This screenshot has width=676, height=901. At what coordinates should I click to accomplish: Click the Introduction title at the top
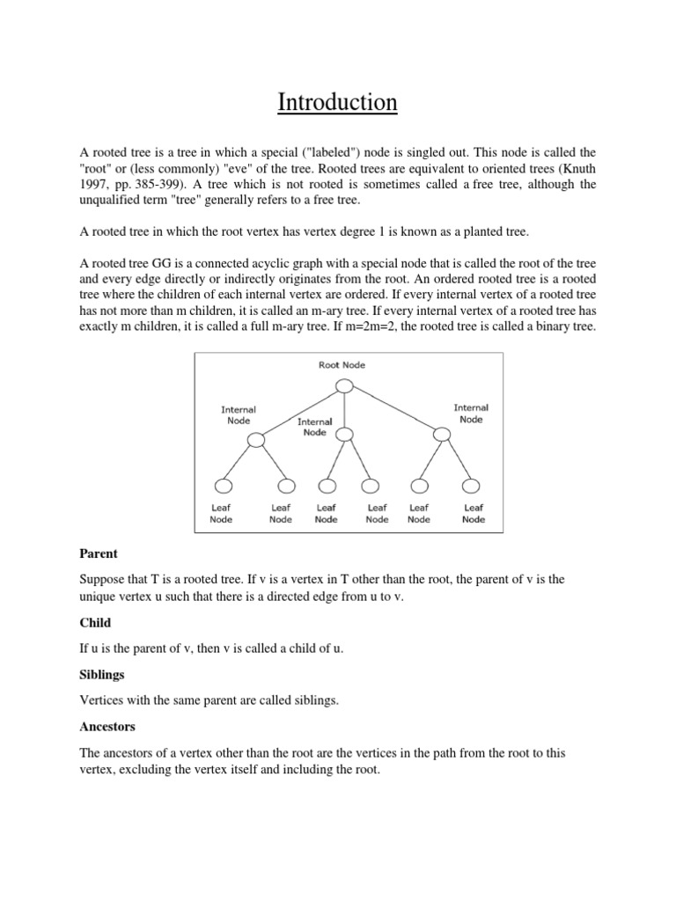click(338, 103)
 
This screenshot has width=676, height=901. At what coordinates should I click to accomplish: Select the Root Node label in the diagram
click(342, 364)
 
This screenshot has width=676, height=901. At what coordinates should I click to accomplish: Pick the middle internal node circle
click(345, 433)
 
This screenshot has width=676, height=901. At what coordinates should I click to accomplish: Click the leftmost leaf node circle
click(224, 486)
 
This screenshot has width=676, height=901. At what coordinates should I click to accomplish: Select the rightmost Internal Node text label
click(471, 414)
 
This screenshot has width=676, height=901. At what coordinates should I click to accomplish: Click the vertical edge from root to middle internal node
click(345, 409)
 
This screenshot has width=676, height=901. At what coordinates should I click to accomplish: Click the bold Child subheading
click(95, 623)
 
